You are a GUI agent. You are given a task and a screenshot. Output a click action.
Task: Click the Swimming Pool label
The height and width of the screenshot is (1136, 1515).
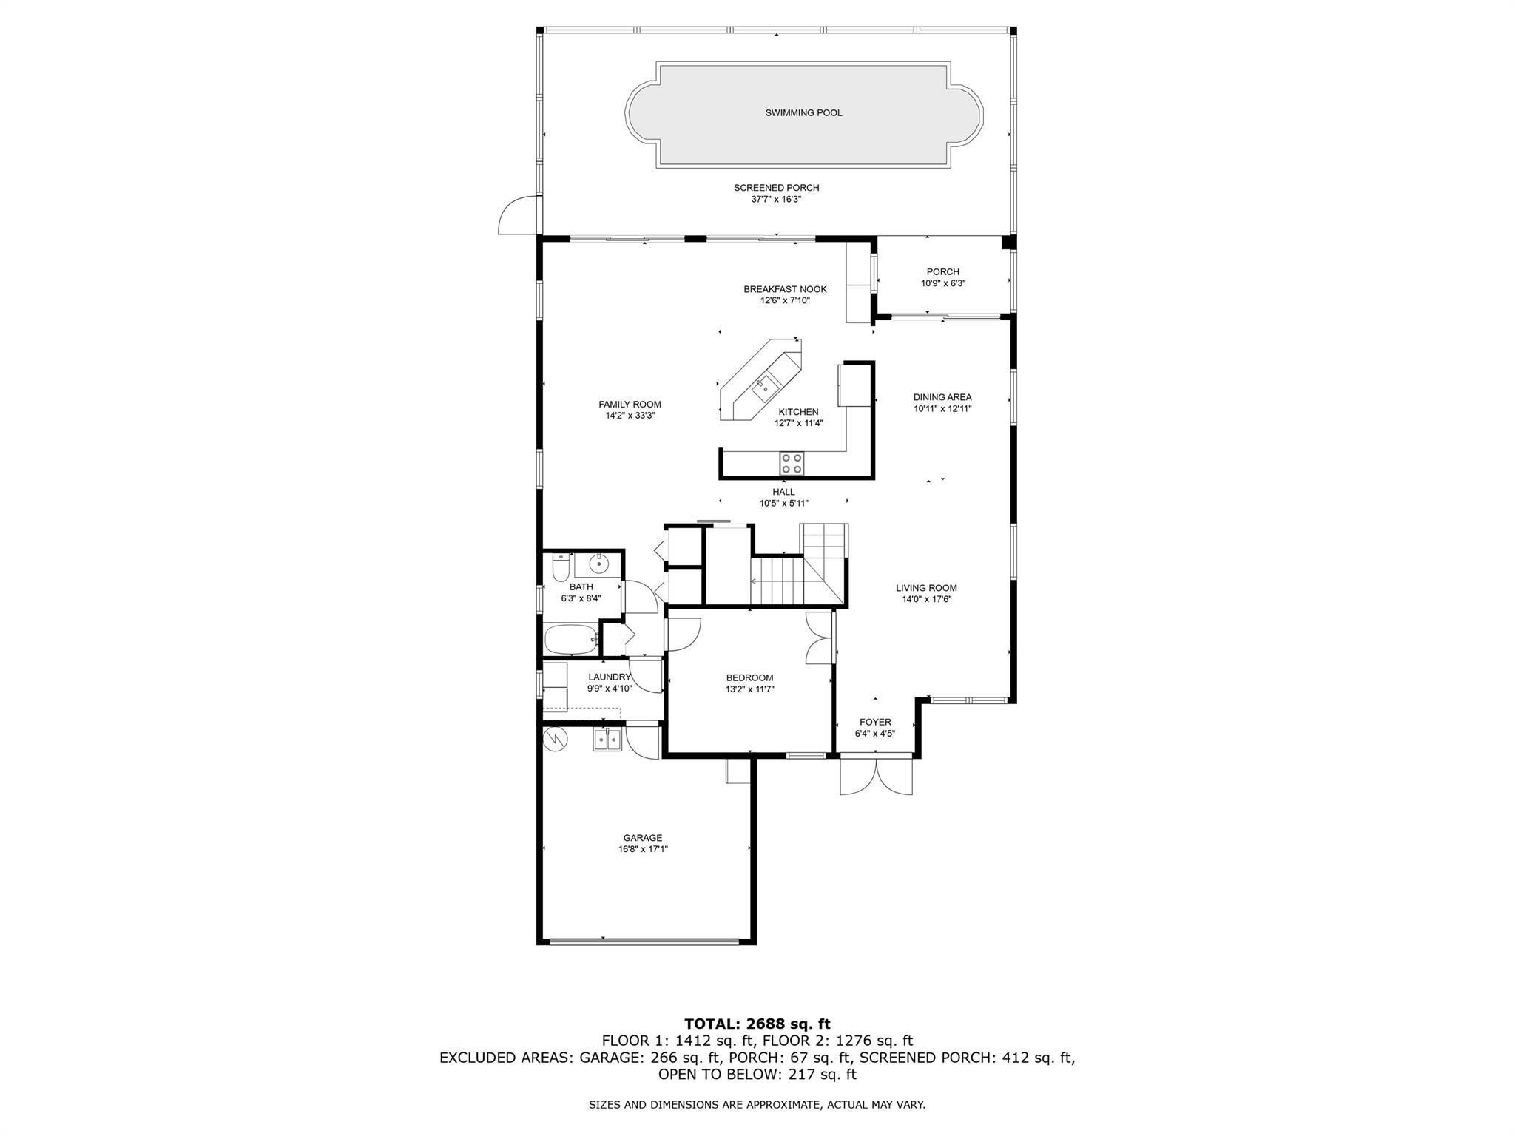pyautogui.click(x=803, y=113)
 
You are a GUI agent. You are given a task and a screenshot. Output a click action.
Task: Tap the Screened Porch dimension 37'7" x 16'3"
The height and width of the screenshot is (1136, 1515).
pyautogui.click(x=776, y=200)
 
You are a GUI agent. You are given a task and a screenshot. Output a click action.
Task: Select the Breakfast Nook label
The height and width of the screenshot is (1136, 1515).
pyautogui.click(x=785, y=289)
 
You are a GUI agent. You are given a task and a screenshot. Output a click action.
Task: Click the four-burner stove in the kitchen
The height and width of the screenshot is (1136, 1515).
pyautogui.click(x=792, y=463)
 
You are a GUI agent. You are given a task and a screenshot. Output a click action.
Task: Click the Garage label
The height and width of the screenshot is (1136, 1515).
pyautogui.click(x=642, y=838)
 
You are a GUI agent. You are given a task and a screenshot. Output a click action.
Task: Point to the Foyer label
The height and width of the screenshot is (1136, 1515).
pyautogui.click(x=875, y=722)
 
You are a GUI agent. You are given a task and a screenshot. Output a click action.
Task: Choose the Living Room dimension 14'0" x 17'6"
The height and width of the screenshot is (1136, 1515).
pyautogui.click(x=926, y=600)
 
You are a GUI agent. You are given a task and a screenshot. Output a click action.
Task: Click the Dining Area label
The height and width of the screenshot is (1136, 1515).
pyautogui.click(x=942, y=397)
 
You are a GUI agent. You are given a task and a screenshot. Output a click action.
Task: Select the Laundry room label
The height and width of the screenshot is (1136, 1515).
pyautogui.click(x=609, y=677)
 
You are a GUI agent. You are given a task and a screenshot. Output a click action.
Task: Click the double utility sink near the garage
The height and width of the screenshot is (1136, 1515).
pyautogui.click(x=607, y=740)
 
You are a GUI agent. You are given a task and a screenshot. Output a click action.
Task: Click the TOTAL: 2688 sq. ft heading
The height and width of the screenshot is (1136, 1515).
pyautogui.click(x=757, y=1024)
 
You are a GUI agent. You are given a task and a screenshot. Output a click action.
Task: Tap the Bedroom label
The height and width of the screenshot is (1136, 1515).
pyautogui.click(x=749, y=677)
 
